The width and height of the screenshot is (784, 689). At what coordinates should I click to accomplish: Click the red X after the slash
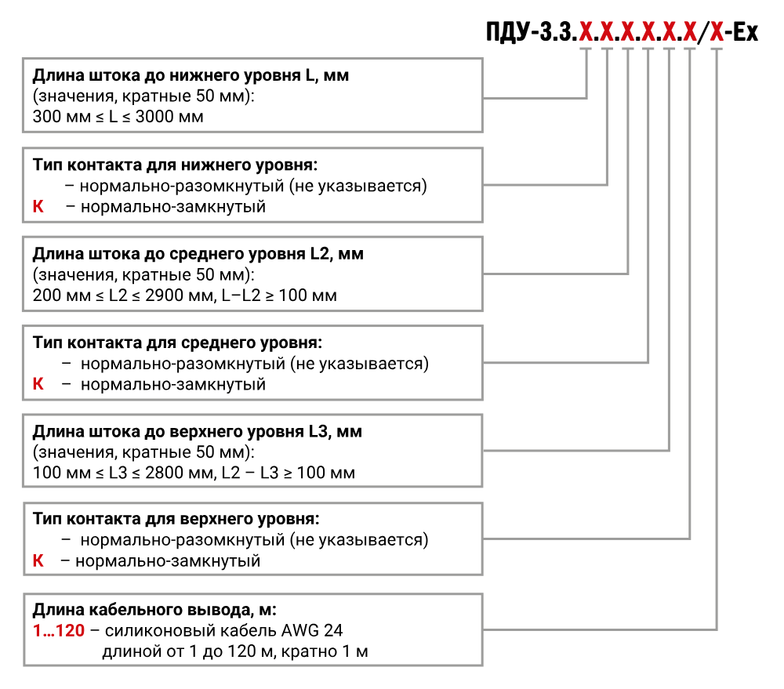[717, 32]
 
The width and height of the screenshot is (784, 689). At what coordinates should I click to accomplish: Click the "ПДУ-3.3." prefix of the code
[532, 32]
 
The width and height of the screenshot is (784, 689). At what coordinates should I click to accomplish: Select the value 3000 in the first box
[154, 117]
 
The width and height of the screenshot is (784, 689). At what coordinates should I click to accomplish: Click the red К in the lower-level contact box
[38, 206]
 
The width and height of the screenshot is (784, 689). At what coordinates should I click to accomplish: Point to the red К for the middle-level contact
[38, 384]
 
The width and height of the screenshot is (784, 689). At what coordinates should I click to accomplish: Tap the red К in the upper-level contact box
[38, 560]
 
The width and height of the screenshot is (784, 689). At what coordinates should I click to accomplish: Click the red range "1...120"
[59, 630]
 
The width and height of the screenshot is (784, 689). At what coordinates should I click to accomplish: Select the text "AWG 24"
[312, 630]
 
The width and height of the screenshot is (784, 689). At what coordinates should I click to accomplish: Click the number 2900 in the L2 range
[165, 295]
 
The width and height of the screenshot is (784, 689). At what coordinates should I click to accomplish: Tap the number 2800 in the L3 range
[165, 473]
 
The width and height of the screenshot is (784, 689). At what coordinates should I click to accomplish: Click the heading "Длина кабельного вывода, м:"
[154, 610]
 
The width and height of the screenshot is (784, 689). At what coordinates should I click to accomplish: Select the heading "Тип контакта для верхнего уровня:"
[176, 518]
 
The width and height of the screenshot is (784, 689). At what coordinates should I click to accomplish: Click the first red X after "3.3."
[586, 32]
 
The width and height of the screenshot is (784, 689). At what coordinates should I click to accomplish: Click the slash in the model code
[703, 32]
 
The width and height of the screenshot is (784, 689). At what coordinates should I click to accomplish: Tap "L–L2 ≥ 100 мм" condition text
[280, 295]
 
